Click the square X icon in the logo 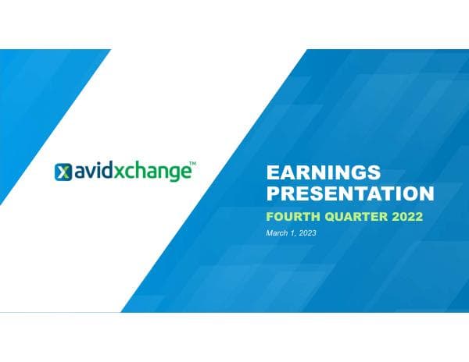tap(63, 172)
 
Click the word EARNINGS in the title tap(312, 172)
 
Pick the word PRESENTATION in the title tap(349, 192)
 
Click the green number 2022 tap(406, 215)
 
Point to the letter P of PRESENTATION tap(273, 192)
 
